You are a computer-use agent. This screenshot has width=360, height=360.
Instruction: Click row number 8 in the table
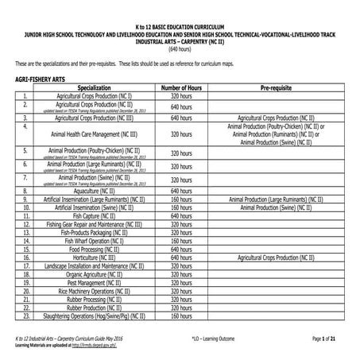point(26,192)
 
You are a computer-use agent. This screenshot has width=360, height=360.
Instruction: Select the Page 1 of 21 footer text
point(329,339)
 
